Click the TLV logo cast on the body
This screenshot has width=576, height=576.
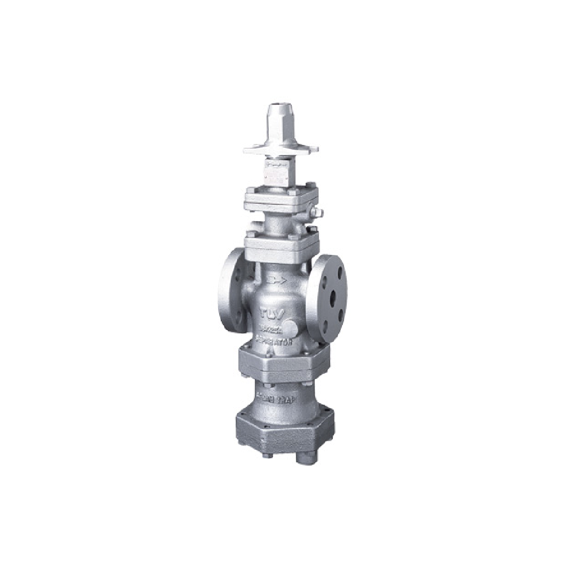click(269, 313)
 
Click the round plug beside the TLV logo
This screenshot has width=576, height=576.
click(291, 327)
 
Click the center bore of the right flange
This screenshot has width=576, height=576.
click(332, 299)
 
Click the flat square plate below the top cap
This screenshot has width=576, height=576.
click(281, 148)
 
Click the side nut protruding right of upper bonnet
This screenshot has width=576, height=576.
click(318, 214)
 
